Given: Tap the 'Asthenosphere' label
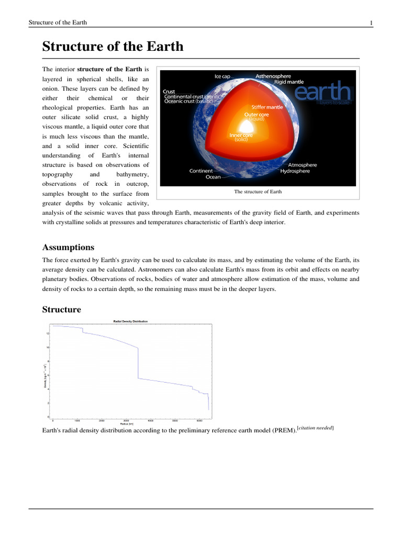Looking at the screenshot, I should tap(273, 76).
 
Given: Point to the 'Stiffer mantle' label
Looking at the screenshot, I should tap(267, 107).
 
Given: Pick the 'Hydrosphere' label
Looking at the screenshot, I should tap(295, 171).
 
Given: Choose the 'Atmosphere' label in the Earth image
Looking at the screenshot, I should tap(302, 165).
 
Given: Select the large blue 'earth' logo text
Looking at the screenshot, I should tap(322, 92).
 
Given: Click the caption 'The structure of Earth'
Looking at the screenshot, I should tap(258, 192).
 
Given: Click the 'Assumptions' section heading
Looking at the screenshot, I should tap(68, 247).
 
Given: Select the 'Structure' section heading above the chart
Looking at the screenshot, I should tap(61, 309).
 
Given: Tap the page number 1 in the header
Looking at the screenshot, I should tap(371, 23).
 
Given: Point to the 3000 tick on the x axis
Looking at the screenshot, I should tap(126, 420).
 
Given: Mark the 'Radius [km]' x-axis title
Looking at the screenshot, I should tap(127, 424).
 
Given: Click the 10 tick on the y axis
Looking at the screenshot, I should tap(48, 347).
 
